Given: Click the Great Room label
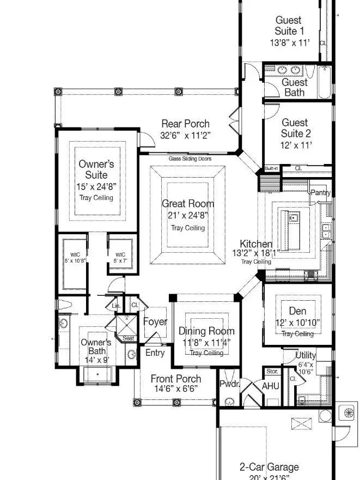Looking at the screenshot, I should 188,204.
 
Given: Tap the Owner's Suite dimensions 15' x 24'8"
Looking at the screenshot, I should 96,187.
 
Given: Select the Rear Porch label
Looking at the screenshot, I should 185,124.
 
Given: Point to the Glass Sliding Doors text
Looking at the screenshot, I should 190,159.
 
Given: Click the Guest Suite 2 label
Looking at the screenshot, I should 295,128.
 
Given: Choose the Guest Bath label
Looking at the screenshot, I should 295,87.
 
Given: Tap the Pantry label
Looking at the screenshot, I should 320,192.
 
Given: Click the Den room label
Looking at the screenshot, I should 297,311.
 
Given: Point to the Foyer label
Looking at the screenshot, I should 155,321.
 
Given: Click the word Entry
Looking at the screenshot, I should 155,353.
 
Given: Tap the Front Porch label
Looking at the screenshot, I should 175,379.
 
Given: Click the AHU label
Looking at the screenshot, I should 271,386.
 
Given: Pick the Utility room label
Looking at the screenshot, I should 305,355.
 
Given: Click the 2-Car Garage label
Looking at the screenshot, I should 269,467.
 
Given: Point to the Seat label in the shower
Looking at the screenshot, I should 128,338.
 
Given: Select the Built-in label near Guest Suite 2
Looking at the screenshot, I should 271,168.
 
